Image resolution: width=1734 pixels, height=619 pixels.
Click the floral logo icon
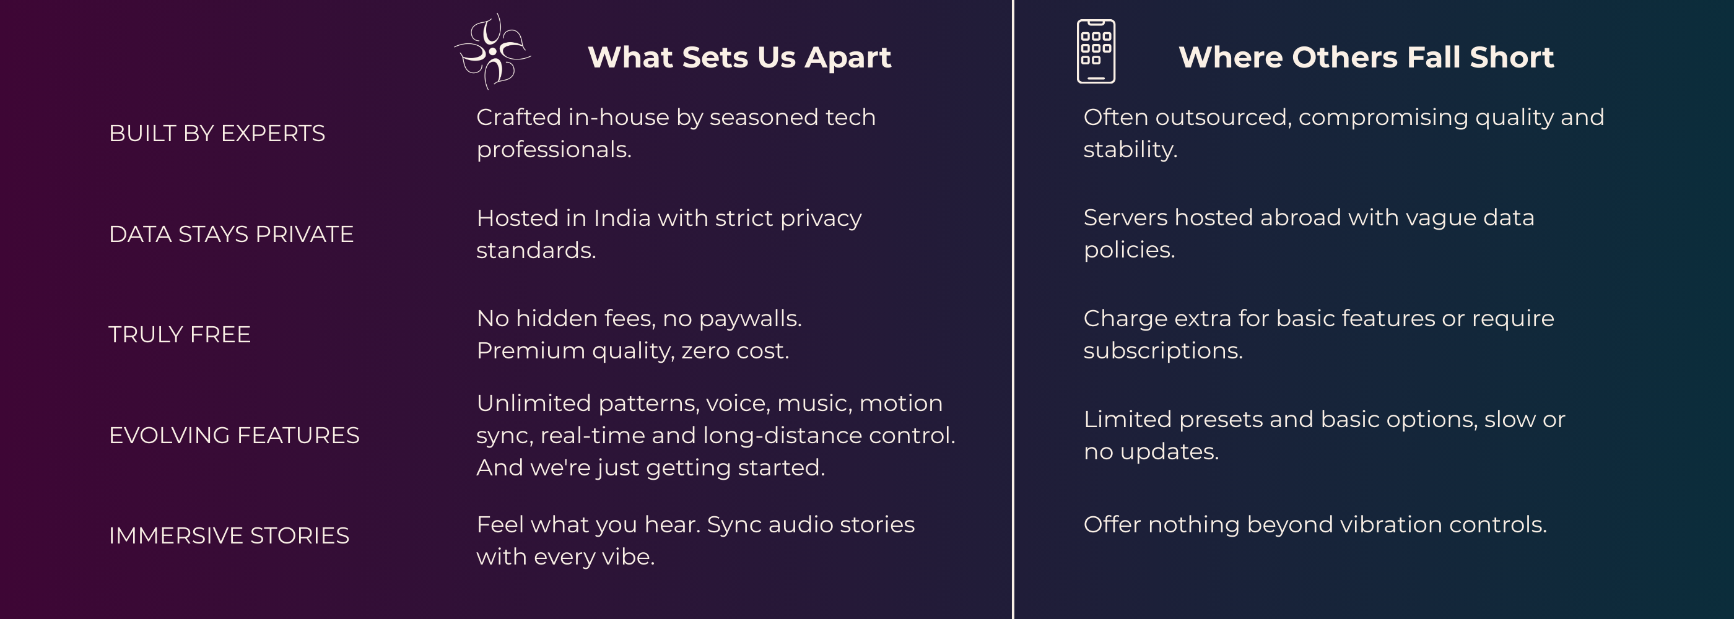493,52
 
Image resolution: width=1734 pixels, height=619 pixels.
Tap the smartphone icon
1096,52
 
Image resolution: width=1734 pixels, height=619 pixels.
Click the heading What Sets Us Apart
739,57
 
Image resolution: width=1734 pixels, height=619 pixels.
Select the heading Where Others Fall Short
1366,57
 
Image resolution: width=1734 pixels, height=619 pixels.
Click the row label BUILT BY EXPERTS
217,133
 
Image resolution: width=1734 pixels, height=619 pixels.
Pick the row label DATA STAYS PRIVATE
231,234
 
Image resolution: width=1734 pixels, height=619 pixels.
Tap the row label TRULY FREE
180,334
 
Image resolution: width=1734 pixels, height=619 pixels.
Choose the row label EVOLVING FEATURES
234,435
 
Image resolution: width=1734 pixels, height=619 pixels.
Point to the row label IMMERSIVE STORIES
229,535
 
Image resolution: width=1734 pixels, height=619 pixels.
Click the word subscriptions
1162,350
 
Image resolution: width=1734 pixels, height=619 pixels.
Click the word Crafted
518,118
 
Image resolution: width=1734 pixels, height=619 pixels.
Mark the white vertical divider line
1013,309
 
